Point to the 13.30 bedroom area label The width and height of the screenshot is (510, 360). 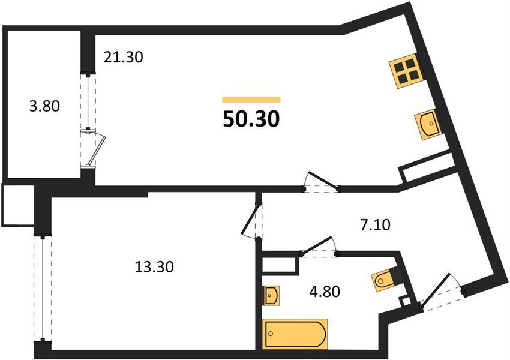[155, 266]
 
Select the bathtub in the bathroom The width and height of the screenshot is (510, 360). [295, 334]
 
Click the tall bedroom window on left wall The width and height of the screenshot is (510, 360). [41, 289]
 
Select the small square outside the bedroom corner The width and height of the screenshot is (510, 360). [17, 205]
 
